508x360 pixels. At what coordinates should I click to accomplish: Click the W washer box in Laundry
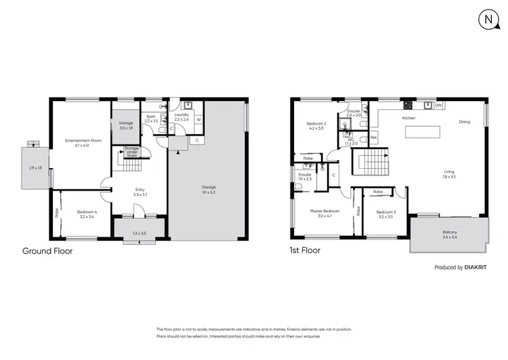click(x=198, y=122)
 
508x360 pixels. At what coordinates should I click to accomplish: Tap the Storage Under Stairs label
click(x=131, y=152)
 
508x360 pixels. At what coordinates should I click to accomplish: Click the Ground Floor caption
click(x=47, y=251)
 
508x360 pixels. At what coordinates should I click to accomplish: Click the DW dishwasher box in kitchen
click(x=438, y=106)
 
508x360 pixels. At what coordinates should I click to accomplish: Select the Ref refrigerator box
click(x=373, y=138)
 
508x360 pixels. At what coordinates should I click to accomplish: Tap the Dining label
click(x=464, y=122)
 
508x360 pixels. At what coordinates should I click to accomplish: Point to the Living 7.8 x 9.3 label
click(x=449, y=174)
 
